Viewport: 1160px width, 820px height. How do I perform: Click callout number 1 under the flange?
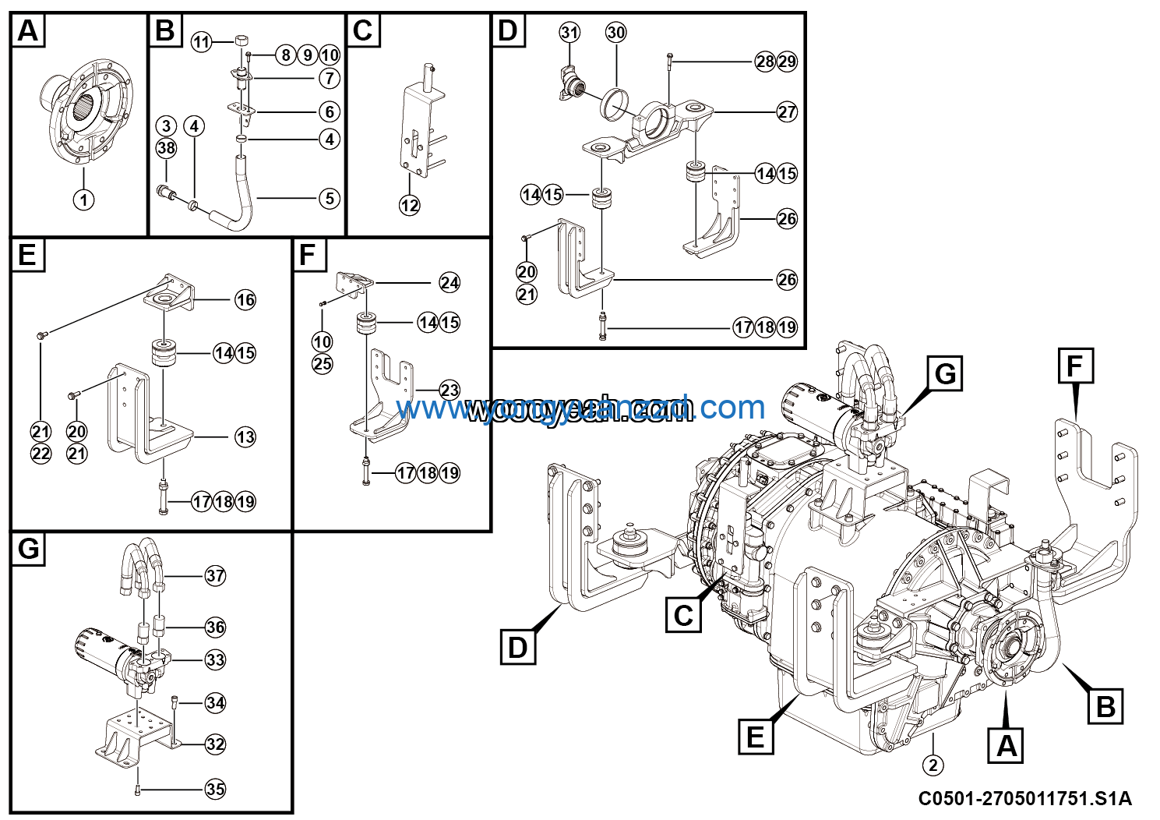tap(83, 200)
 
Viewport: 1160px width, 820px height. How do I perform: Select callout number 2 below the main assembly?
tap(933, 765)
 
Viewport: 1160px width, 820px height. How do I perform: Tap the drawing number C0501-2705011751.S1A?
tap(1024, 798)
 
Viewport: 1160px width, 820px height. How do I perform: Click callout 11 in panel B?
tap(202, 41)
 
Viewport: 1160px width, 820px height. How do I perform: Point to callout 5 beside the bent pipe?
tap(330, 198)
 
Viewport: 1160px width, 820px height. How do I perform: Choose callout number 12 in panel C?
tap(409, 205)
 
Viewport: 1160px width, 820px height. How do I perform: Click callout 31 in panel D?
tap(569, 32)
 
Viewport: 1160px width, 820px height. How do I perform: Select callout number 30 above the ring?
tap(615, 32)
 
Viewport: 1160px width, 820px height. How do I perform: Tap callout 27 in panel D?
tap(787, 112)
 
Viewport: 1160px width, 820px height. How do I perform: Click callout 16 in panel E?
tap(245, 299)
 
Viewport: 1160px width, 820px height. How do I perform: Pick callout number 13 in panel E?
tap(245, 437)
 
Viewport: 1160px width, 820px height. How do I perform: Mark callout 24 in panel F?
tap(450, 282)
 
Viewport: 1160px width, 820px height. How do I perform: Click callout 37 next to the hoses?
tap(215, 575)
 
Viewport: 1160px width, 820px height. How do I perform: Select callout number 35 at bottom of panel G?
tap(215, 789)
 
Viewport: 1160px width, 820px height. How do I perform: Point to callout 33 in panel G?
tap(215, 659)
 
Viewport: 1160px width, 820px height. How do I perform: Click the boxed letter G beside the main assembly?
tap(945, 373)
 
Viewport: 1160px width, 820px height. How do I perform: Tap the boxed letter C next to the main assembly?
tap(683, 615)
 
